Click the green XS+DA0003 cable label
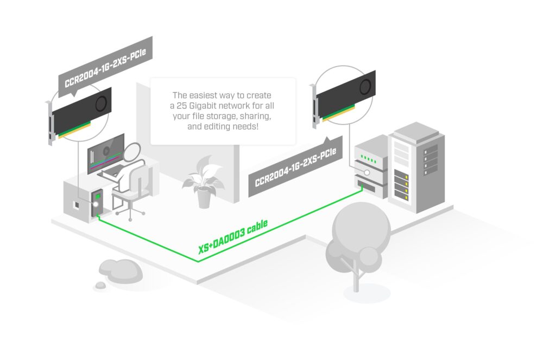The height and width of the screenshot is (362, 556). [232, 237]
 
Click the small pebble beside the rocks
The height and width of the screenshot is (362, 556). [100, 285]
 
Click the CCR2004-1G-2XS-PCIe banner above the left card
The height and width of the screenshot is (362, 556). [105, 65]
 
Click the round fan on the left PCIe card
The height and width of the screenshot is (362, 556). [101, 104]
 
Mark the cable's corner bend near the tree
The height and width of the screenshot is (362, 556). [198, 262]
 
